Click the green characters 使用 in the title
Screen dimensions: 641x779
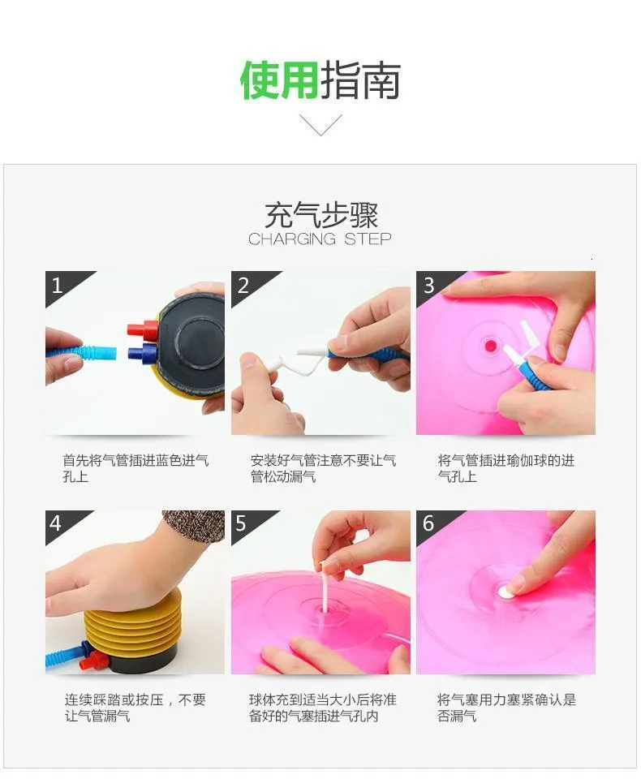279,80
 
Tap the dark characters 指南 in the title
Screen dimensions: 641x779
360,80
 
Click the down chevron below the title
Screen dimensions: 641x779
320,125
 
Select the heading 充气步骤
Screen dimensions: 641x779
321,215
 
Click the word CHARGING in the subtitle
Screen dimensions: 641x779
292,239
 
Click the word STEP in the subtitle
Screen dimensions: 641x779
368,239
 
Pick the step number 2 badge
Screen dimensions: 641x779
243,286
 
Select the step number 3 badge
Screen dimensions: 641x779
429,286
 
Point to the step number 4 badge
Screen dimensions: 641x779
56,523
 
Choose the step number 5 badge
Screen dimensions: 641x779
241,523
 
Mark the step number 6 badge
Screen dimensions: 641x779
428,523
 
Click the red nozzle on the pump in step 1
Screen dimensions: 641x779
142,329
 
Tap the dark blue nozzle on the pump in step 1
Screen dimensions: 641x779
143,352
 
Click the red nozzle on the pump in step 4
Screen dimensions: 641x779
94,661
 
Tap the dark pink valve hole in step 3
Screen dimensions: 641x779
490,346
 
